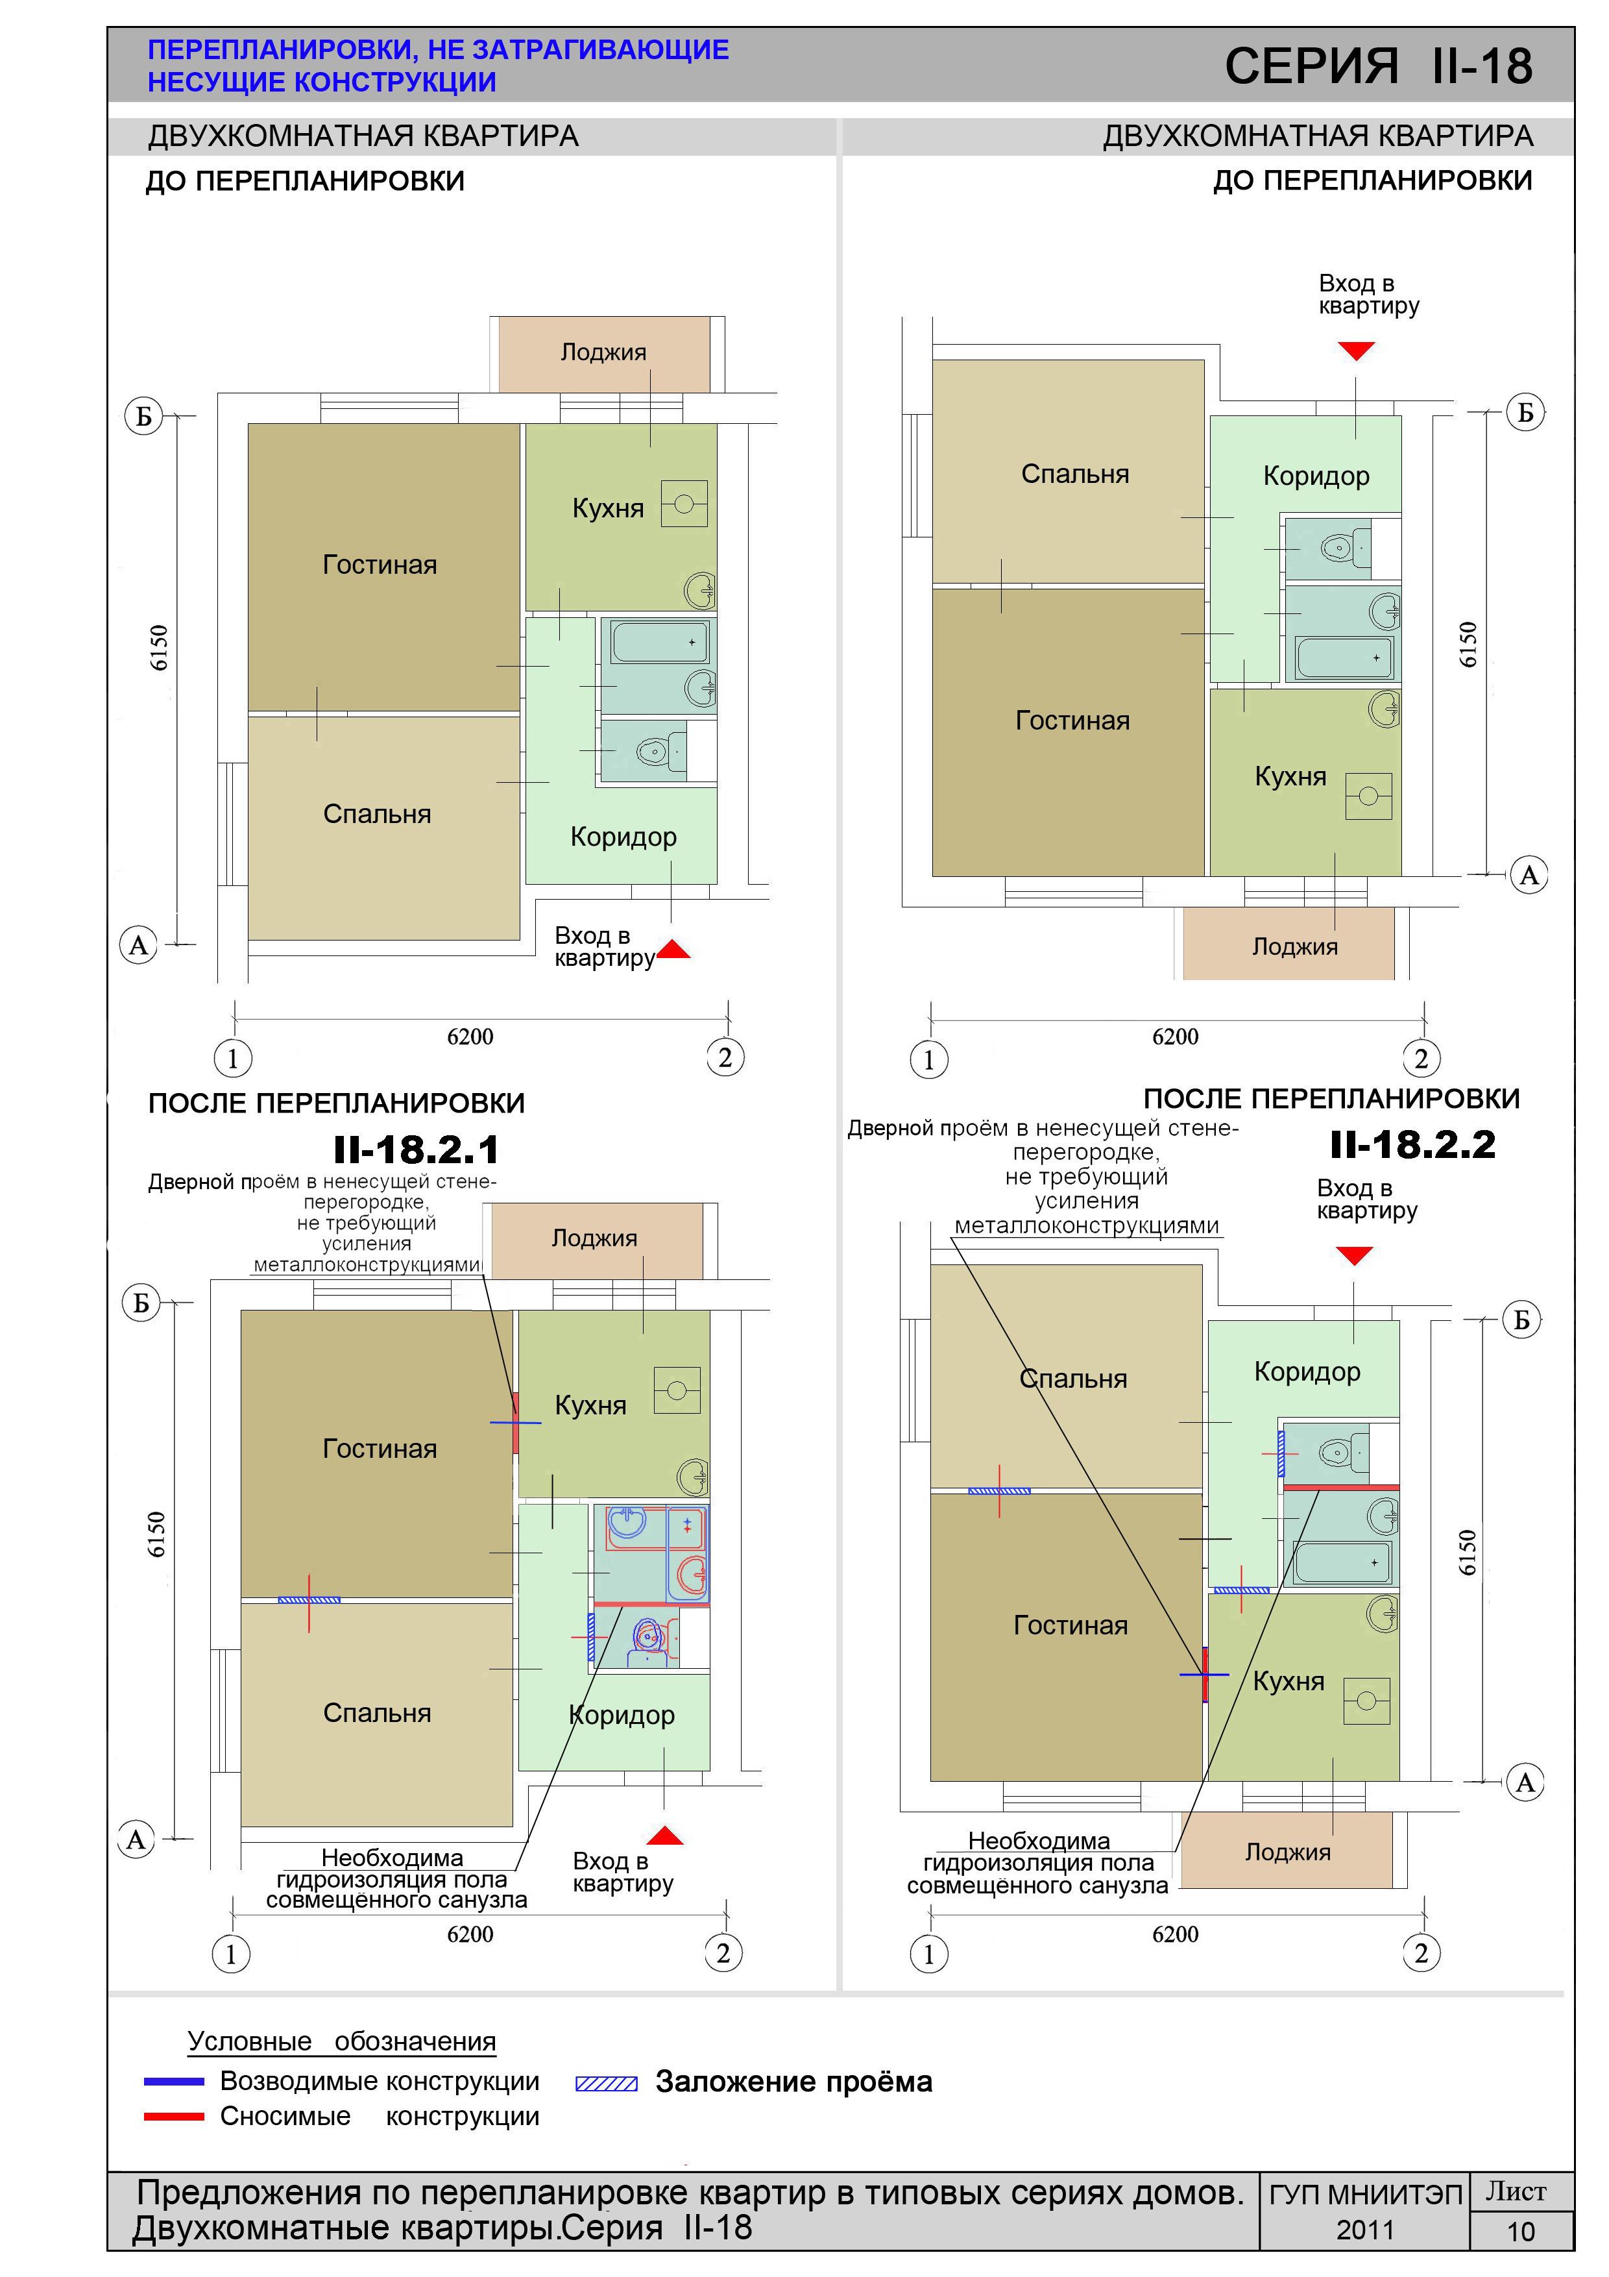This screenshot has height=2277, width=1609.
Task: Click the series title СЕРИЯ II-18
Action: (x=1378, y=66)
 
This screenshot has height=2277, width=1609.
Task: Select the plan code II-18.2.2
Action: (x=1412, y=1144)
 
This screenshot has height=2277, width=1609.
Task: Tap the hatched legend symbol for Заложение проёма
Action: (x=607, y=2084)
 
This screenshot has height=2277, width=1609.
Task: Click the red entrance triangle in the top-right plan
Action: (x=1356, y=350)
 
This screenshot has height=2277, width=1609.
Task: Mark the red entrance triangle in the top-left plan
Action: (x=673, y=949)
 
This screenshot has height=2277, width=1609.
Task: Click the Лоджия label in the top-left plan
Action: (x=603, y=352)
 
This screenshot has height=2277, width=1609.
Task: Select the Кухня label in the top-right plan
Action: (x=1290, y=776)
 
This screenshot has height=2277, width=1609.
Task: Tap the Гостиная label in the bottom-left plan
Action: (x=380, y=1449)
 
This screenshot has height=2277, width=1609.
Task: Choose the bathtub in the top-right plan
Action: (x=1343, y=658)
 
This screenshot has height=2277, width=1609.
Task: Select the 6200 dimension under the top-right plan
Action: (x=1175, y=1037)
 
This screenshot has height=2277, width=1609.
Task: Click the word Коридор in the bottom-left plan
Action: (x=622, y=1715)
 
